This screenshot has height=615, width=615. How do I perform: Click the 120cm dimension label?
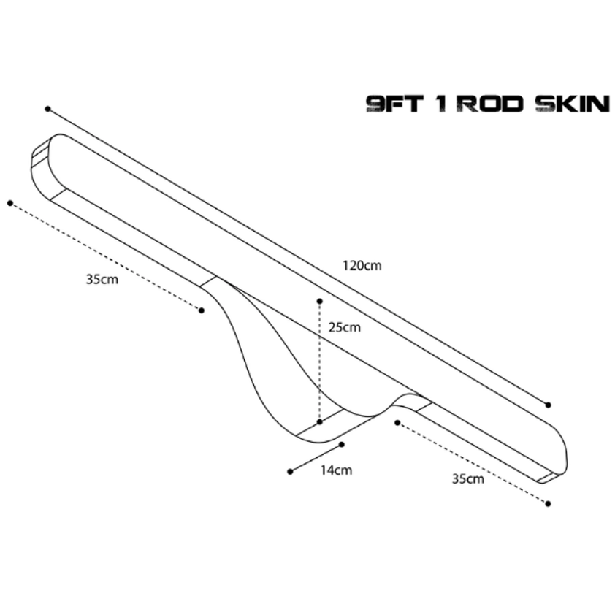click(362, 266)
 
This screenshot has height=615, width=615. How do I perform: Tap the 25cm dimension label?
click(344, 327)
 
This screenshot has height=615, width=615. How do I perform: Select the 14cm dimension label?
click(336, 470)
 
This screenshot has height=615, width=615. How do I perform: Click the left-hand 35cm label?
click(102, 279)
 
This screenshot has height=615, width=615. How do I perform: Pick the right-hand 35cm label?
click(468, 478)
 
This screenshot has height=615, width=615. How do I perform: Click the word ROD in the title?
click(490, 104)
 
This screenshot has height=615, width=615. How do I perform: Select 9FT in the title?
click(395, 104)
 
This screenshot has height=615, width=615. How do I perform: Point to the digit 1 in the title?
click(442, 104)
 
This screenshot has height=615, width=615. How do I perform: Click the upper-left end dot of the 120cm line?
click(48, 109)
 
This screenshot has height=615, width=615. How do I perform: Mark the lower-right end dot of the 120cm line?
click(549, 405)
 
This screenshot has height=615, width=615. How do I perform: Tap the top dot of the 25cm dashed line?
click(320, 301)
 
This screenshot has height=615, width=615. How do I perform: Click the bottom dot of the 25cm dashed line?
click(320, 422)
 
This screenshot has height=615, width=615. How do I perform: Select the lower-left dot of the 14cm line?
click(290, 471)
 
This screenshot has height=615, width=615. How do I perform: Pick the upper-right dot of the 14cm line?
click(342, 444)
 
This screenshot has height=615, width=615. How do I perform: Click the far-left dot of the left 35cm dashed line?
click(10, 203)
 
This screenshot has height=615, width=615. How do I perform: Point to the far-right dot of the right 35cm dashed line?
click(548, 503)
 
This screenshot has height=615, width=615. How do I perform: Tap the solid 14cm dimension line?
click(316, 458)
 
